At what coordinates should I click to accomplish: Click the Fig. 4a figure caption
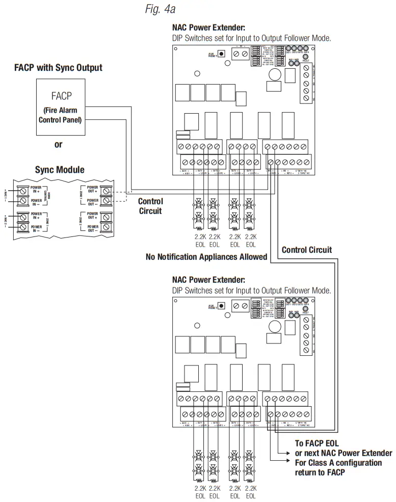click(x=161, y=9)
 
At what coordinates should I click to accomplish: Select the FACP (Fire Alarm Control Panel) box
click(x=61, y=107)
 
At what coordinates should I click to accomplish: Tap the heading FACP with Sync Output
click(x=58, y=68)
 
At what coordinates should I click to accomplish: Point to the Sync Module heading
click(x=60, y=170)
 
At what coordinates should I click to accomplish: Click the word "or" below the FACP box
click(x=59, y=144)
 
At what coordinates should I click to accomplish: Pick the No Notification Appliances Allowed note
click(x=206, y=257)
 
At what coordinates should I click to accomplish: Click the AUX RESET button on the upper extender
click(x=222, y=54)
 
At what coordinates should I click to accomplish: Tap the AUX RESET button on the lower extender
click(x=222, y=306)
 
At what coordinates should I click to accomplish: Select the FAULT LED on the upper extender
click(x=306, y=57)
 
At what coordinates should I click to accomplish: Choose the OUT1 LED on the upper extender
click(x=288, y=48)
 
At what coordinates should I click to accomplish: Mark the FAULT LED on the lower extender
click(x=306, y=309)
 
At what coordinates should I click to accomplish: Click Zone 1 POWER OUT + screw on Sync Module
click(x=107, y=190)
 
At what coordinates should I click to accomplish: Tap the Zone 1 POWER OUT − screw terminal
click(x=107, y=202)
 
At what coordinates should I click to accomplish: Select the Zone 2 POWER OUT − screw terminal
click(x=107, y=227)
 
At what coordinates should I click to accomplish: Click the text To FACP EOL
click(x=316, y=443)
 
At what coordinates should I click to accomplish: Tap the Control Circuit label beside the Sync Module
click(x=150, y=206)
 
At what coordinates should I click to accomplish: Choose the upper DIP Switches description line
click(x=252, y=38)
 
